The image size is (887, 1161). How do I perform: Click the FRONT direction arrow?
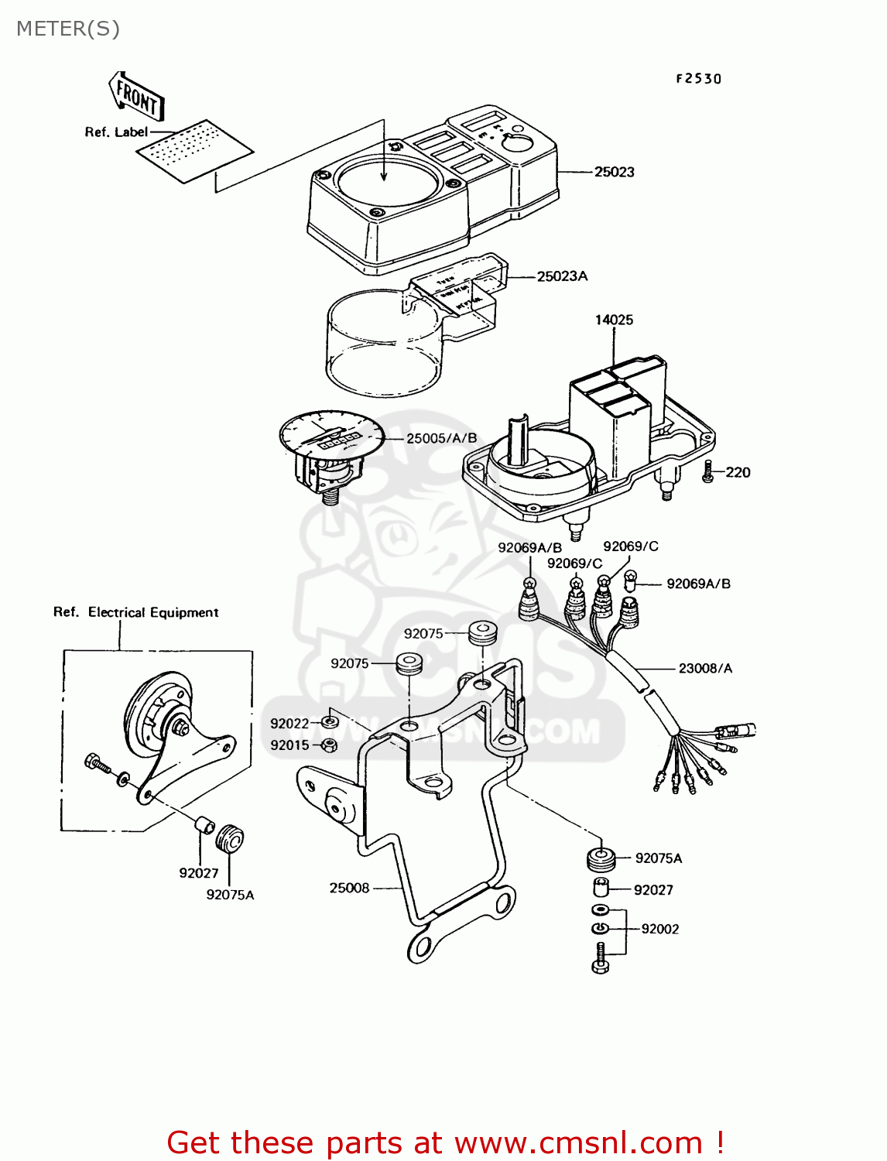point(136,96)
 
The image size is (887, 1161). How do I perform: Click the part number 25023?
point(614,172)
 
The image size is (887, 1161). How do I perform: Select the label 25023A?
point(562,276)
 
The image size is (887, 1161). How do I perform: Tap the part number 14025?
point(614,320)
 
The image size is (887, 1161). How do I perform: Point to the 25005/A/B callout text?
point(441,438)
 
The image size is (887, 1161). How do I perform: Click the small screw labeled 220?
point(707,472)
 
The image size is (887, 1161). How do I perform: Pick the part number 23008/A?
point(704,668)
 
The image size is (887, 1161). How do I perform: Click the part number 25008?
point(349,888)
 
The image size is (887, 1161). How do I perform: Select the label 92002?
point(659,929)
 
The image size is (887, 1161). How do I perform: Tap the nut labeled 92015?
point(328,745)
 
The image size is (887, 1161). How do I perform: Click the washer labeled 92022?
point(329,722)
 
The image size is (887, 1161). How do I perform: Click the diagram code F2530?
point(698,78)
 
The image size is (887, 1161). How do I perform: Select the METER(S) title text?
point(68,29)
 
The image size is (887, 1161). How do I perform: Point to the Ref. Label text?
point(116,132)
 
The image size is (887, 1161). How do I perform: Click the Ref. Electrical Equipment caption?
point(136,612)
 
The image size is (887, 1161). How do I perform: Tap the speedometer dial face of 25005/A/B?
point(331,437)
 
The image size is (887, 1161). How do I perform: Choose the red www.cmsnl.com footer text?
point(445,1142)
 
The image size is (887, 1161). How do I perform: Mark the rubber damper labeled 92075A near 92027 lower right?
point(601,858)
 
